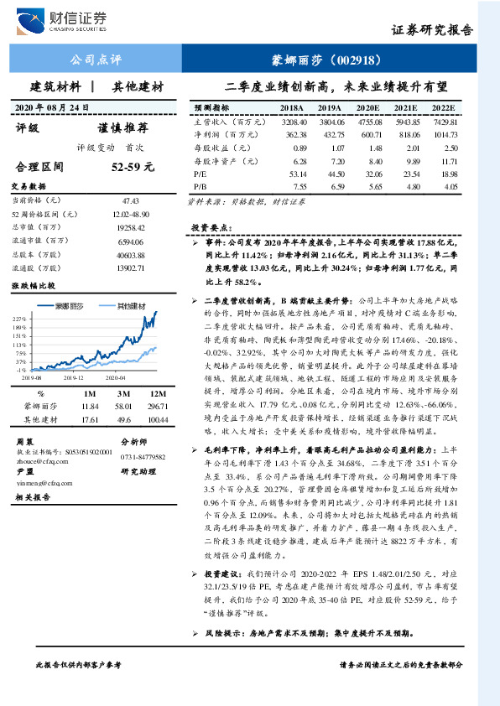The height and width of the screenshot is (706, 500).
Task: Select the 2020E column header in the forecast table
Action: coord(368,108)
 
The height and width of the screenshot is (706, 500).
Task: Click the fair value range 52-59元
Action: coord(134,167)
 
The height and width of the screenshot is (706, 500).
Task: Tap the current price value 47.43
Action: coord(130,201)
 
